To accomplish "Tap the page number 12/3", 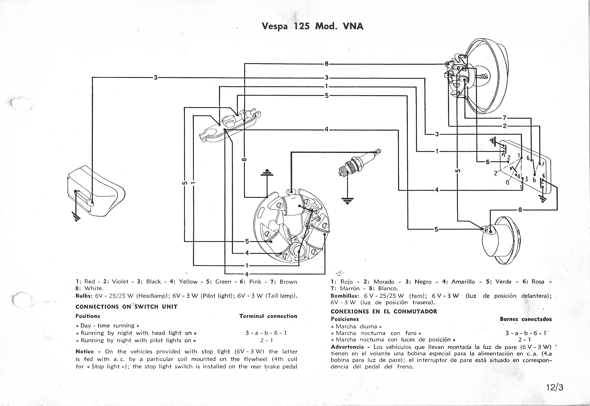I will coord(555,387).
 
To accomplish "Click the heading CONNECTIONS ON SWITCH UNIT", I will coord(126,307).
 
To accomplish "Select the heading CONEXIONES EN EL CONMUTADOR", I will coord(384,311).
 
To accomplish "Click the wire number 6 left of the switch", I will coord(488,162).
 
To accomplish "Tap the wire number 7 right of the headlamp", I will coord(505,118).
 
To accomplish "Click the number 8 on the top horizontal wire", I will coord(326,64).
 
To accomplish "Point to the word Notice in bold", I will coord(85,352).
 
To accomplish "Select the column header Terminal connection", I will coord(268,316).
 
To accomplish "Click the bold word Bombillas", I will coord(345,296).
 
